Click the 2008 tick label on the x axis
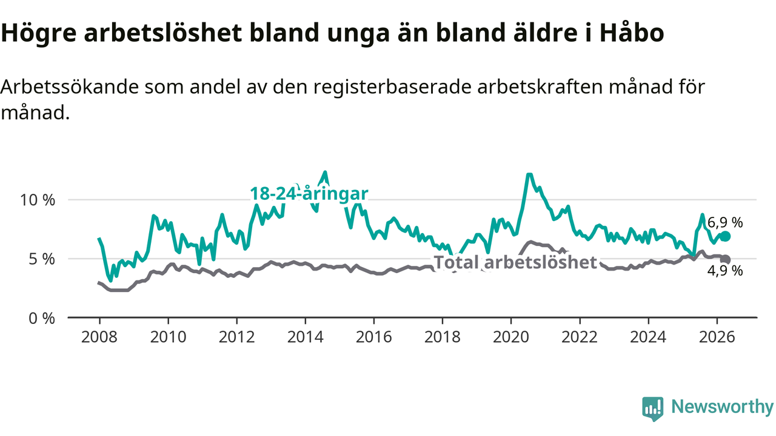(x=99, y=337)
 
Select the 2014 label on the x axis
(x=305, y=337)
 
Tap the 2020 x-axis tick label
(x=511, y=337)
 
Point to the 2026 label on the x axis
(x=717, y=337)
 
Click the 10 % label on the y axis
(x=38, y=200)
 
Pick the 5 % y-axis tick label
(x=42, y=259)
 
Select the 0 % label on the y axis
(x=42, y=319)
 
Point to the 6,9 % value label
(x=725, y=222)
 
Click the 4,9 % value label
(x=725, y=271)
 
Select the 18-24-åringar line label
(x=309, y=193)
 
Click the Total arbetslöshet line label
(x=515, y=262)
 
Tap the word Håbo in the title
(x=632, y=33)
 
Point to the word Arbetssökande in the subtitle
(x=69, y=87)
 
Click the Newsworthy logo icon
(x=653, y=409)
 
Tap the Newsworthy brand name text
(x=722, y=406)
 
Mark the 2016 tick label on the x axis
(x=374, y=337)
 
